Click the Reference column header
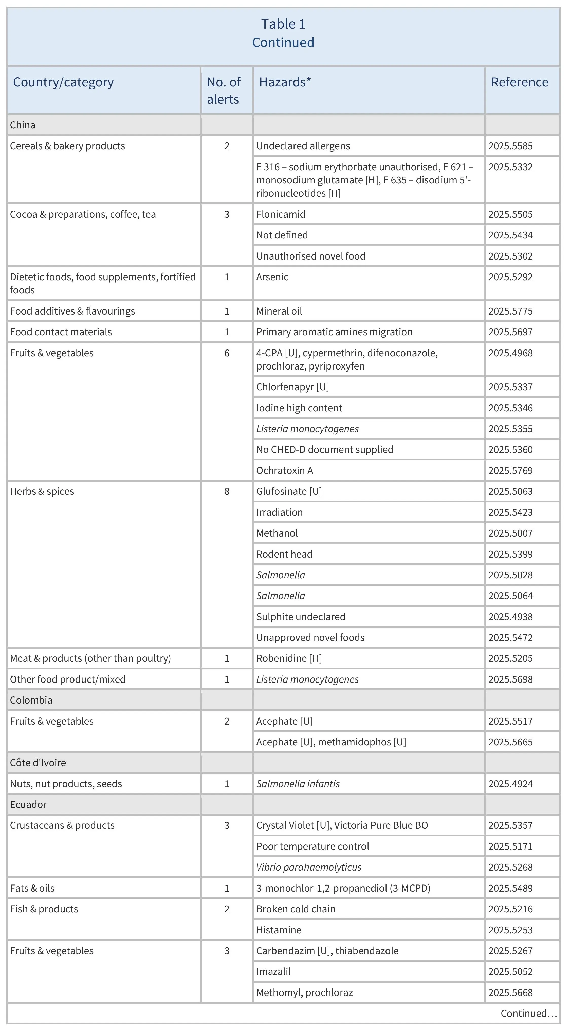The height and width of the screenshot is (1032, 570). (x=520, y=82)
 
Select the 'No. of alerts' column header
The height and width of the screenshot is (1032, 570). (x=224, y=90)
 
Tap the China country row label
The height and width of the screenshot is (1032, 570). (x=23, y=125)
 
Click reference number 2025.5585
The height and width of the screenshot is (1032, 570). (x=510, y=146)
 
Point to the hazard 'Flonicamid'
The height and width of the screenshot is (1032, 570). (x=281, y=214)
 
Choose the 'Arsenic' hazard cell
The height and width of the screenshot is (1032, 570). (x=272, y=277)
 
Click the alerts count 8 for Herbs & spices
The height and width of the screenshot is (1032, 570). (x=227, y=492)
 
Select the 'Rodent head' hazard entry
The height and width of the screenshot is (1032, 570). (x=284, y=554)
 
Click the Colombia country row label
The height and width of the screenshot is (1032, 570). (x=31, y=700)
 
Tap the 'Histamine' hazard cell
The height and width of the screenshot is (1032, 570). (x=279, y=930)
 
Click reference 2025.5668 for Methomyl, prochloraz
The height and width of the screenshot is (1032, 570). (x=510, y=992)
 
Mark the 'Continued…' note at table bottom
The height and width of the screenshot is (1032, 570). (x=528, y=1013)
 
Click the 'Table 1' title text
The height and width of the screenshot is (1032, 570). (x=283, y=24)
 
